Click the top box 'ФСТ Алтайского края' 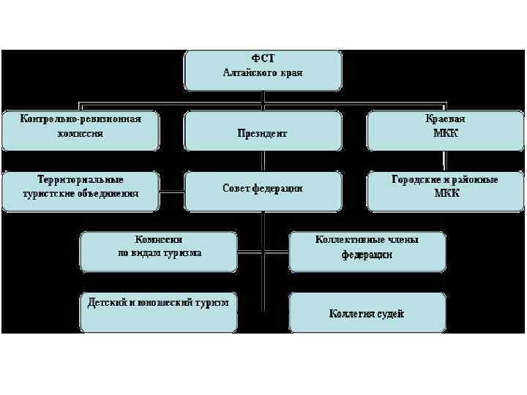coord(263,69)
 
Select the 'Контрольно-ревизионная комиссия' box coord(81,130)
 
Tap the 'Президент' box coord(263,132)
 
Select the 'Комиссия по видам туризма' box coord(159,251)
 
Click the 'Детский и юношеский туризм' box coord(159,311)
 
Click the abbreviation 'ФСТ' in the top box coord(263,59)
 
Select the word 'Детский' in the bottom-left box coord(103,302)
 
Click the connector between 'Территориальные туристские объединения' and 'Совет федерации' coord(171,194)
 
